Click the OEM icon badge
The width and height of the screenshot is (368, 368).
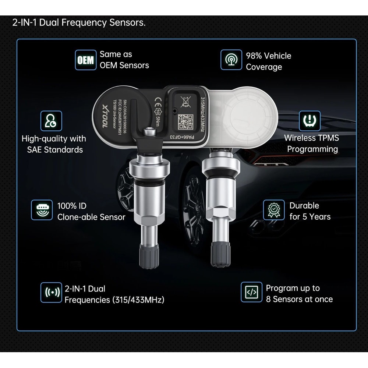[x=85, y=60]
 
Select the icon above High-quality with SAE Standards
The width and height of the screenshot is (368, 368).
[x=51, y=121]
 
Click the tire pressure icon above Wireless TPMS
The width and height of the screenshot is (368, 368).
[x=309, y=121]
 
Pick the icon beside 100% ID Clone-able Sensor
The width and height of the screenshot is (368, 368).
[x=42, y=210]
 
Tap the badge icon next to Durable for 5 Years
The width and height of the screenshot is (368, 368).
[x=274, y=210]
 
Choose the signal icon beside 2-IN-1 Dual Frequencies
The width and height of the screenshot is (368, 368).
[x=51, y=292]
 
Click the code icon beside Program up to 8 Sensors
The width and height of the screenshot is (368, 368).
[x=251, y=292]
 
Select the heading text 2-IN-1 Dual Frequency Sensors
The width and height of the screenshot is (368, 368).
[x=79, y=23]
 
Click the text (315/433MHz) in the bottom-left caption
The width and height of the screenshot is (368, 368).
[x=138, y=300]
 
